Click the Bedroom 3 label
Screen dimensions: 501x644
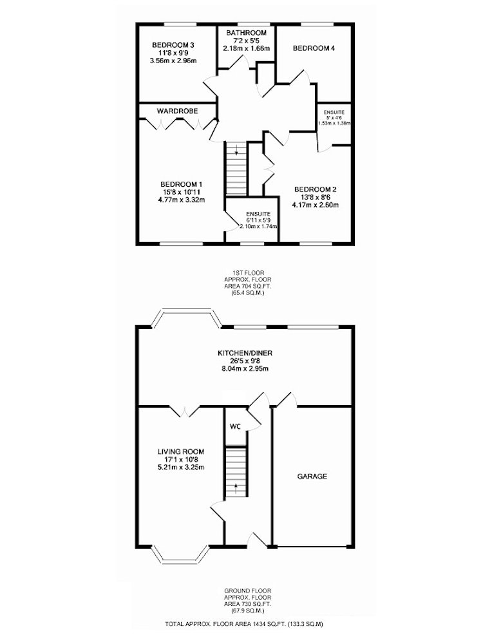pyautogui.click(x=173, y=46)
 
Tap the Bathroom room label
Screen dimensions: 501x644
pyautogui.click(x=246, y=33)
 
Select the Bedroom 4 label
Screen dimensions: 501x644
pyautogui.click(x=314, y=48)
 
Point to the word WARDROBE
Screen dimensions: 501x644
pyautogui.click(x=177, y=111)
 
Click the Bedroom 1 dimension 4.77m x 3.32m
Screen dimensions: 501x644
pyautogui.click(x=182, y=200)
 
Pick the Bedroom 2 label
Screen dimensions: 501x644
pyautogui.click(x=316, y=190)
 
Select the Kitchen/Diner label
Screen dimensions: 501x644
pyautogui.click(x=245, y=353)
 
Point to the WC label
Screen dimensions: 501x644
pyautogui.click(x=235, y=427)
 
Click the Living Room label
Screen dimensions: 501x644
pyautogui.click(x=181, y=452)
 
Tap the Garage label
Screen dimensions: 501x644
pyautogui.click(x=312, y=477)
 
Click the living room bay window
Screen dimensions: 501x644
pyautogui.click(x=180, y=558)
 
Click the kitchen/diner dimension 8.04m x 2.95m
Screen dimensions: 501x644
pyautogui.click(x=245, y=369)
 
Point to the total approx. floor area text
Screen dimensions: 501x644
pyautogui.click(x=244, y=636)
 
